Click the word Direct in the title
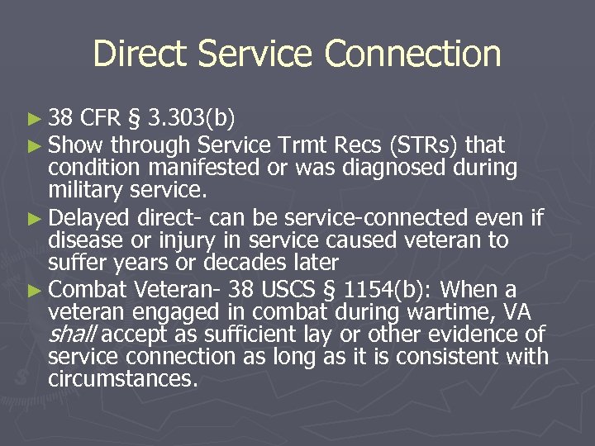pyautogui.click(x=140, y=55)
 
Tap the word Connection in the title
pyautogui.click(x=413, y=55)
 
